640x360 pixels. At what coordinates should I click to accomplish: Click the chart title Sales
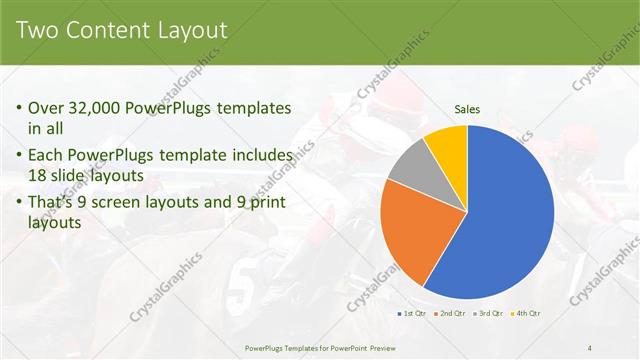click(467, 108)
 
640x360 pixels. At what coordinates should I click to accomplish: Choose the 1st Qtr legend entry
click(414, 313)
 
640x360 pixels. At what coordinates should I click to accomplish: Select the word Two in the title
click(37, 31)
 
